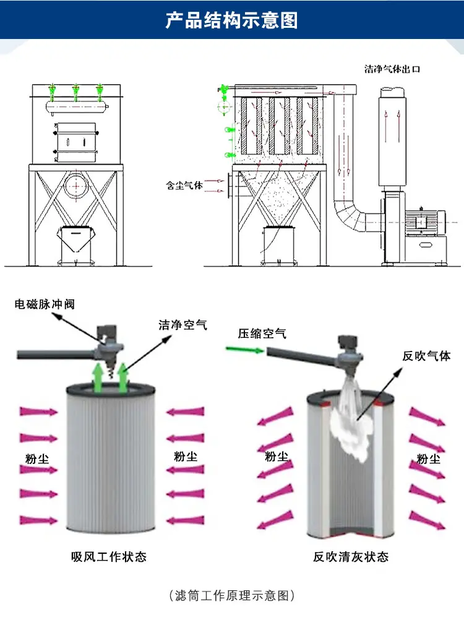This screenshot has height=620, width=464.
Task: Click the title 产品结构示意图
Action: tap(231, 20)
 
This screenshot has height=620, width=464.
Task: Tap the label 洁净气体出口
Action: tap(392, 69)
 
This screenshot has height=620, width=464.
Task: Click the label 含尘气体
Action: tap(185, 184)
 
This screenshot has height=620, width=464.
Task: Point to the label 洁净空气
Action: tap(183, 324)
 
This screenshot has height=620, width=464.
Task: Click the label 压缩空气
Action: tap(262, 334)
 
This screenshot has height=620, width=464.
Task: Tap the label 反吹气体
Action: tap(427, 356)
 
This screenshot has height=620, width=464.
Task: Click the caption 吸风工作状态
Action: tap(110, 557)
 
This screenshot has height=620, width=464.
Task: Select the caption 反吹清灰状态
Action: tap(351, 557)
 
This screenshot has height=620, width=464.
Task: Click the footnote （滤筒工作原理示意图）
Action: tap(231, 596)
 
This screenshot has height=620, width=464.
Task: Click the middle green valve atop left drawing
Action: tap(75, 92)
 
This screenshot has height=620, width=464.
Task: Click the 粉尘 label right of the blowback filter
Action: tap(427, 459)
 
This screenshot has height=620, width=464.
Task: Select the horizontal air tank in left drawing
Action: tap(75, 106)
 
